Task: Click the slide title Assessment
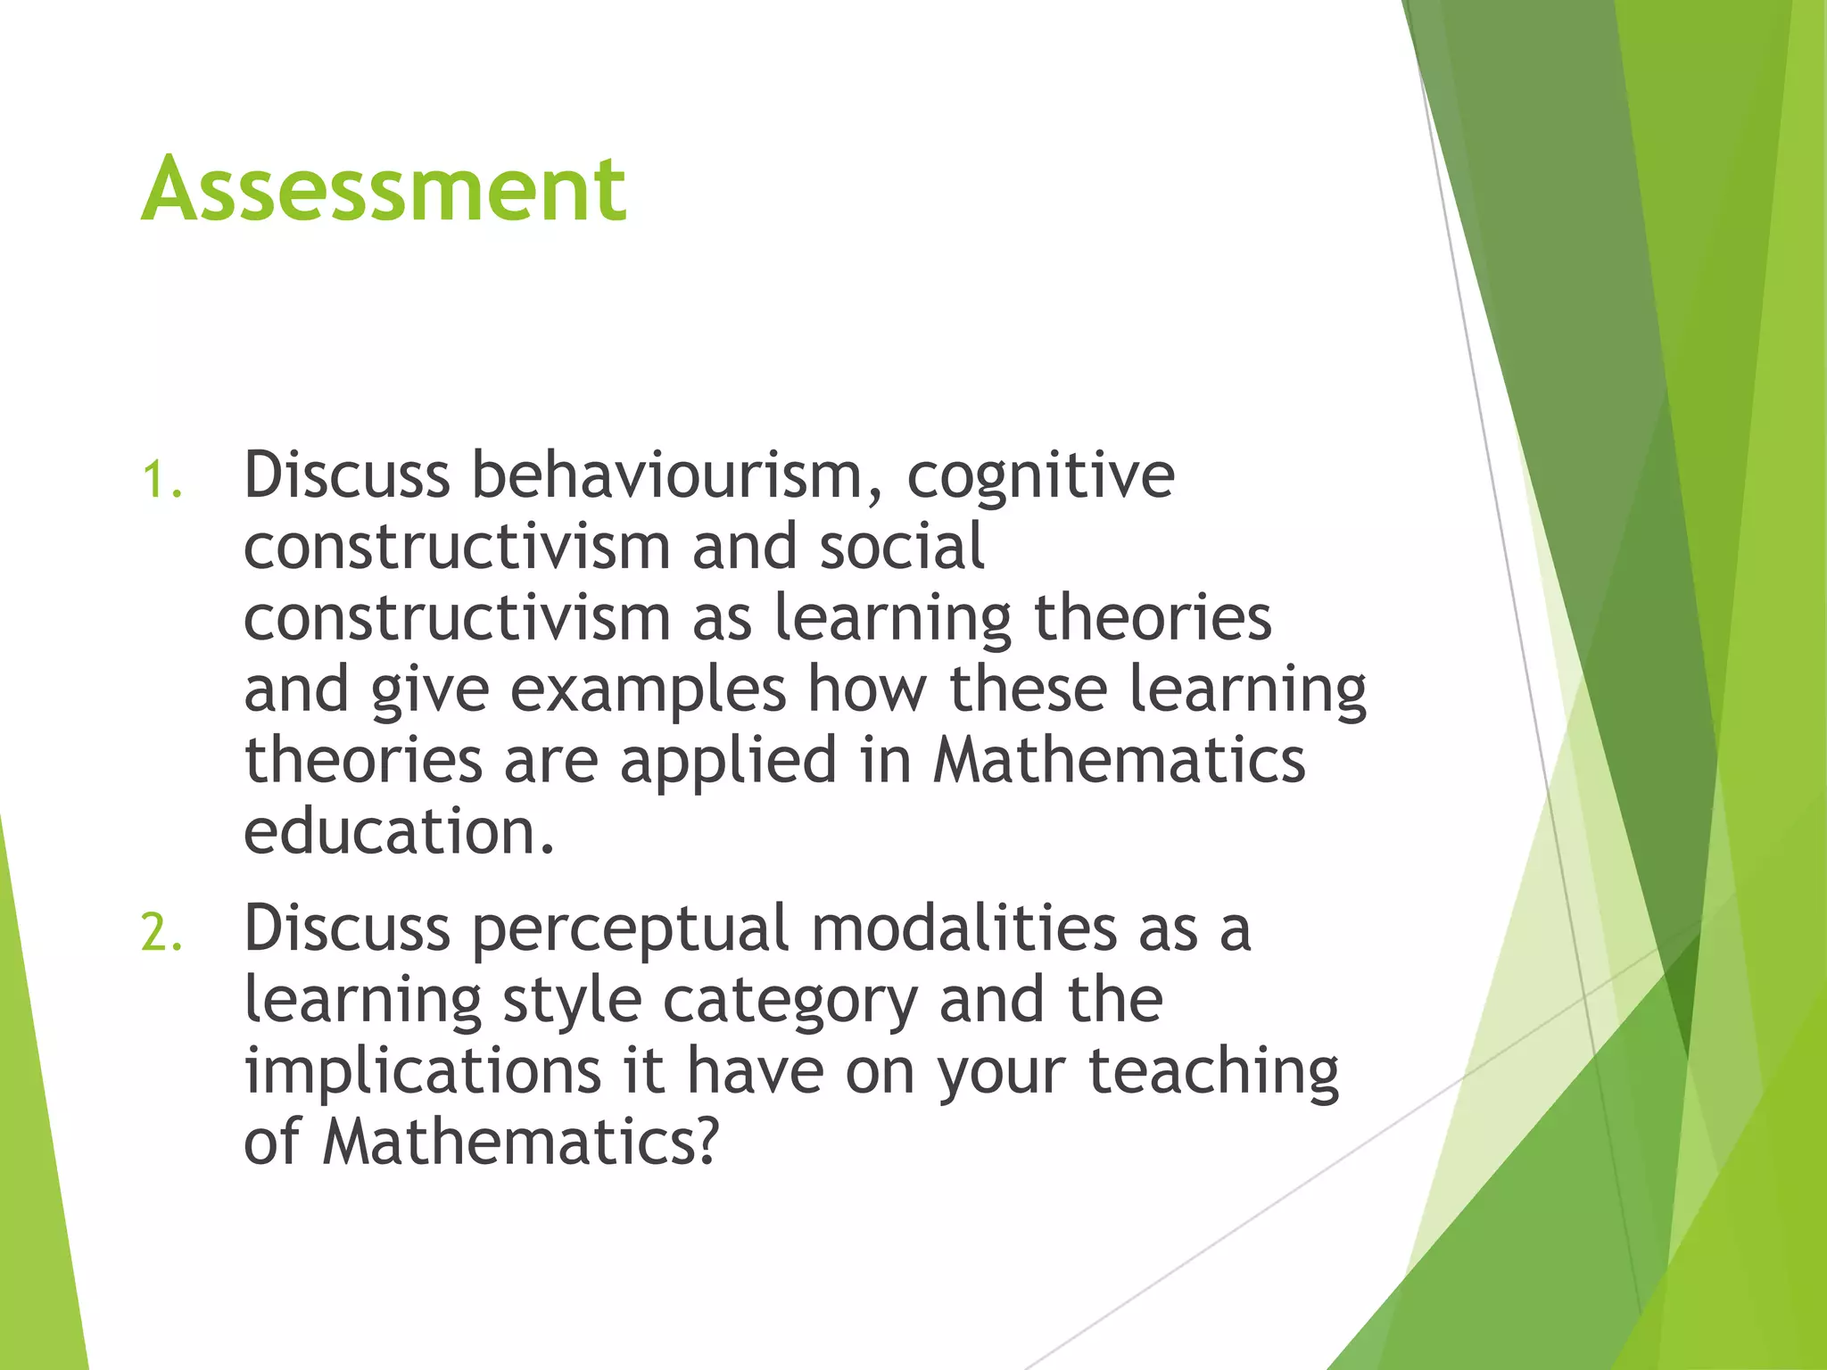click(384, 189)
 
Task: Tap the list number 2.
click(161, 933)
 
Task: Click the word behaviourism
click(667, 475)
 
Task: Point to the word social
click(902, 547)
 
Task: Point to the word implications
click(423, 1071)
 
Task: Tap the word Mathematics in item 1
click(1119, 761)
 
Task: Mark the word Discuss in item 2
click(347, 928)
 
